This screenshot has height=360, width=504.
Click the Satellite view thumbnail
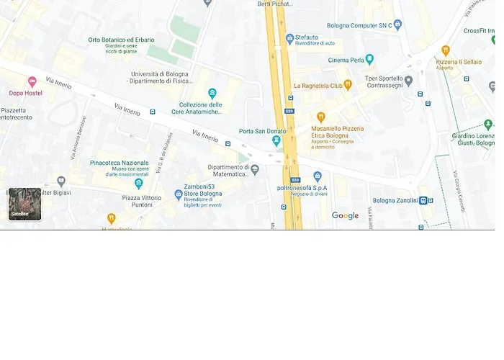25,204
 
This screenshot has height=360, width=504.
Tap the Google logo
345,215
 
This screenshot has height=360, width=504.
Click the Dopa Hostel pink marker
32,82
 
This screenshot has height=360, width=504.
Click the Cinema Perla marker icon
369,60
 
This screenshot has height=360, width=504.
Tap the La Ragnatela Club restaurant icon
348,85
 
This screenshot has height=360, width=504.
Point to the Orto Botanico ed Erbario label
121,40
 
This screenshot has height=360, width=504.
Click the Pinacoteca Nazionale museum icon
139,184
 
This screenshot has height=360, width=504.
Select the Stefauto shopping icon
289,37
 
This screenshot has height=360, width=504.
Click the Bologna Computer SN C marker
397,24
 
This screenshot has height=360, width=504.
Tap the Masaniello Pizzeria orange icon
321,117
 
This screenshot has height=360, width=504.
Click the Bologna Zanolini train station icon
424,200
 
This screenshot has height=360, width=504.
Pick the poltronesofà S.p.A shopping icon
318,176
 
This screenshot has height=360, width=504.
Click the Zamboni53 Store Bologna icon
179,194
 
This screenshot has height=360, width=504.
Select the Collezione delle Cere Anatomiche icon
212,93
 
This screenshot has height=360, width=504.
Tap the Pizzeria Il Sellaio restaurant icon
446,50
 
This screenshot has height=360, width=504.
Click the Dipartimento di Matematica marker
255,169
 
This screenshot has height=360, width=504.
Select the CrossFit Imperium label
483,30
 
